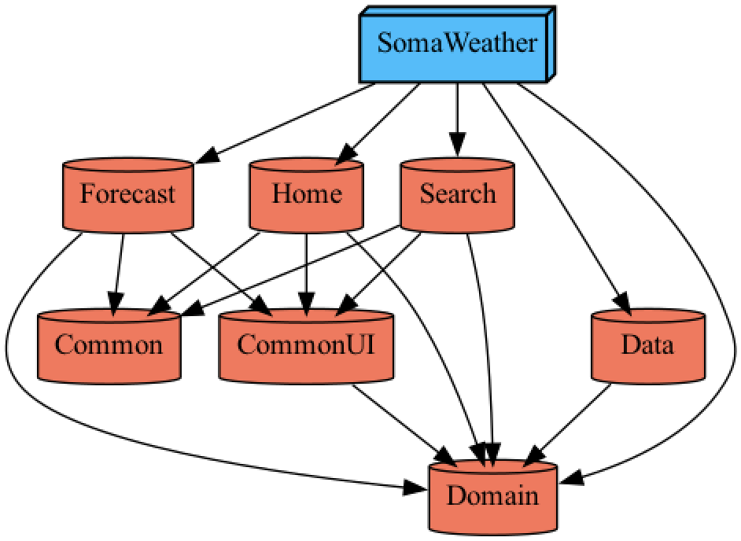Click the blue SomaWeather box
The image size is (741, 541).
456,44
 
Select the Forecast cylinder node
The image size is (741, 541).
127,193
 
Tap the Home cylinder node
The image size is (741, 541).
306,193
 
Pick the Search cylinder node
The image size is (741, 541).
458,193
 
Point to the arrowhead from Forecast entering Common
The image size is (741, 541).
116,303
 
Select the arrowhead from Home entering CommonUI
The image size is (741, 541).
306,303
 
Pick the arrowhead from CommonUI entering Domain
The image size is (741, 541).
448,457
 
